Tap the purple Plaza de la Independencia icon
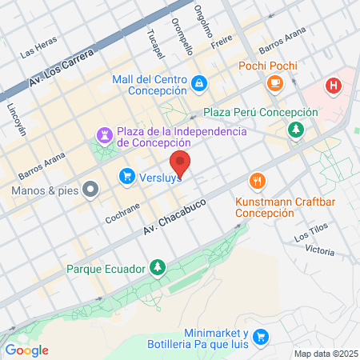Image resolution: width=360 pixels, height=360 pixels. pos(105,133)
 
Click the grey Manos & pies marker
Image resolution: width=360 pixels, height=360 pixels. pos(90,191)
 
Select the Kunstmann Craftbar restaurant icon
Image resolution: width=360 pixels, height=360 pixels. pos(256,181)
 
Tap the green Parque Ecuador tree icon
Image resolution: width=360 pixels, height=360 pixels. pos(158,267)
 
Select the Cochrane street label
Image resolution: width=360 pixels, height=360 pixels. pos(123,212)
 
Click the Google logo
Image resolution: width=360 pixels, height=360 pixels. pos(27,350)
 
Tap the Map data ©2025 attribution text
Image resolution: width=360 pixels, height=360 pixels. pos(325,354)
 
